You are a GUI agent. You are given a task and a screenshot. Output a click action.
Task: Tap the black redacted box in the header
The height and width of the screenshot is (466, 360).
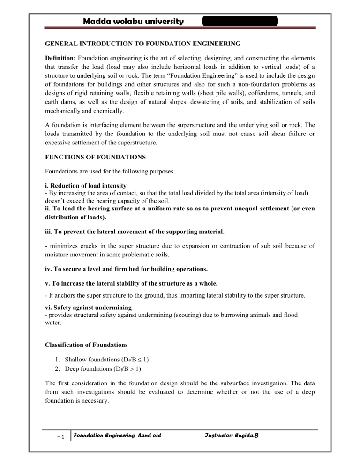coord(240,21)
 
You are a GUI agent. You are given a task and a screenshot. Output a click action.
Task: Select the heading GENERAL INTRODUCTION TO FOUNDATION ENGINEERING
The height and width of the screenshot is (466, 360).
coord(142,44)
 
